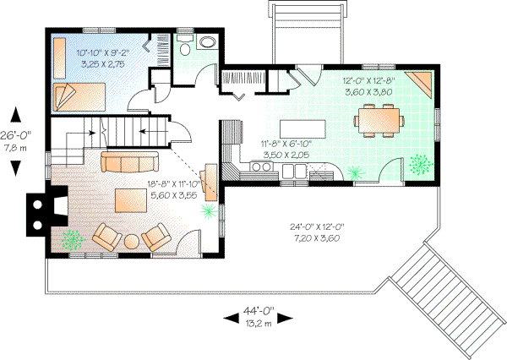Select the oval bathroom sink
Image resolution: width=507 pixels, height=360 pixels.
(207, 43)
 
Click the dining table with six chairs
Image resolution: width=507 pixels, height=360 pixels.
(377, 118)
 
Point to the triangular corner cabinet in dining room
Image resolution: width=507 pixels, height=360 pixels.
(420, 84)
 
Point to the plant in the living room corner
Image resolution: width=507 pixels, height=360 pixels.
(73, 239)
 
